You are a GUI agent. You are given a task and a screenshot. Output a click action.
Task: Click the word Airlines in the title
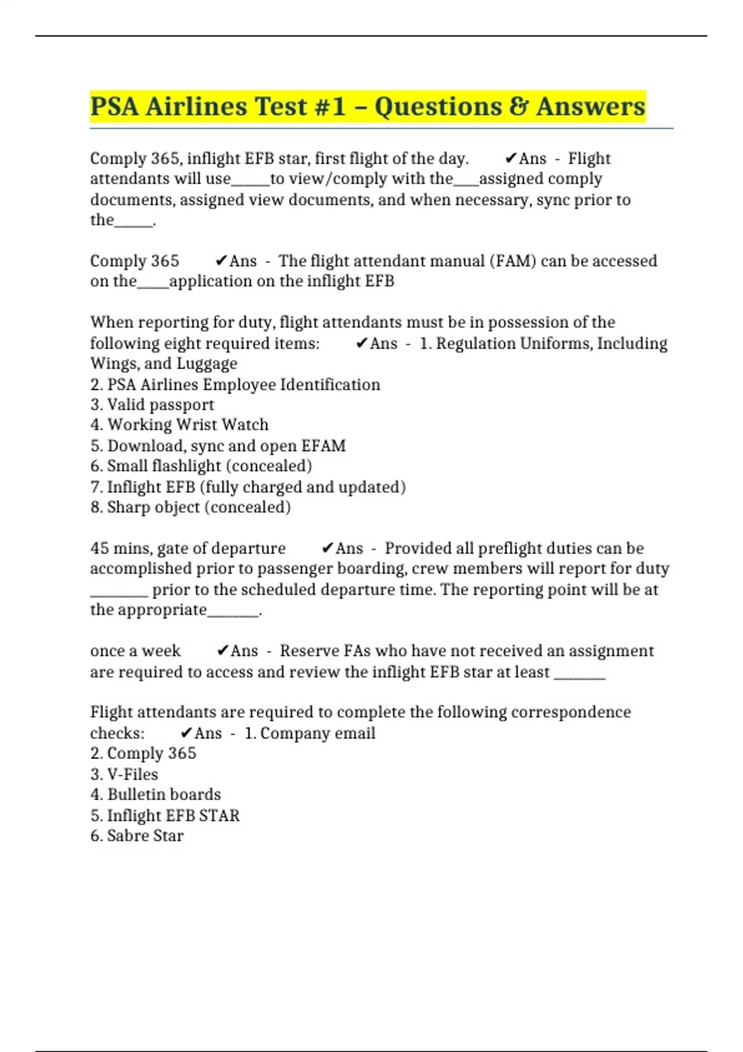point(196,106)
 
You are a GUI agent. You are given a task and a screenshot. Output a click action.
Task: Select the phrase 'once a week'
point(135,651)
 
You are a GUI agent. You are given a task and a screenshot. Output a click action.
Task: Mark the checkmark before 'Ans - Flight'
point(511,159)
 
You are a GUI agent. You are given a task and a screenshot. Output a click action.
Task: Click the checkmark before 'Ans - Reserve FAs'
point(223,651)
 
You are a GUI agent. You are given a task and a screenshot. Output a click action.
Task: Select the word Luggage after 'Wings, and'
point(207,364)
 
